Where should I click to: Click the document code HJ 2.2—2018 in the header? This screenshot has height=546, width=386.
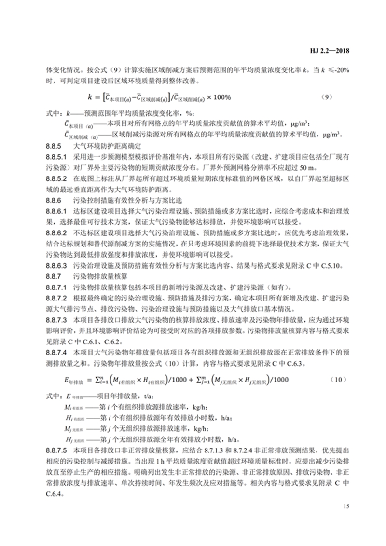(x=328, y=50)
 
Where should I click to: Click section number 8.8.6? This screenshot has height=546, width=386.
(x=53, y=199)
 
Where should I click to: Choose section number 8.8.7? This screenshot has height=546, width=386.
(x=53, y=276)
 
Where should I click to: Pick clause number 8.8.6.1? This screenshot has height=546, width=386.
(x=56, y=210)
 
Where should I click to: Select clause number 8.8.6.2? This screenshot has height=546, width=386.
(x=56, y=232)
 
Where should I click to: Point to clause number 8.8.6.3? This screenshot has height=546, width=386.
(x=56, y=265)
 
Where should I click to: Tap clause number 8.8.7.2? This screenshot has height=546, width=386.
(x=56, y=299)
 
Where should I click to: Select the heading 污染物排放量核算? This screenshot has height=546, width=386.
(x=96, y=276)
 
